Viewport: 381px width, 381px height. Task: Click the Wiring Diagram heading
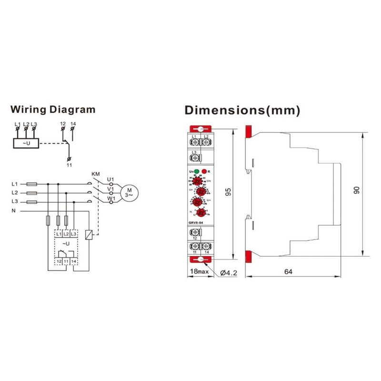click(x=53, y=110)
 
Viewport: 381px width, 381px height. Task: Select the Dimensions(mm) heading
click(x=242, y=110)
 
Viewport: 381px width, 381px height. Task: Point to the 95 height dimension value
click(x=229, y=192)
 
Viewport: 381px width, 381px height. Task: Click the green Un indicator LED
click(x=196, y=171)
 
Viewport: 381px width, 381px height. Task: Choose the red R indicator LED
click(x=204, y=171)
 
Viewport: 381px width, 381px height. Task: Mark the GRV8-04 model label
click(x=195, y=222)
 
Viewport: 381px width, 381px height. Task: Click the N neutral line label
click(x=14, y=210)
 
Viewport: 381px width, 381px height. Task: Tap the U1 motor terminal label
click(x=110, y=179)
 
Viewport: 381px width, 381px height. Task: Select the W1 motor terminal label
click(x=110, y=199)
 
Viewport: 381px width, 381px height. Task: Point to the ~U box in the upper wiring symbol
click(x=26, y=142)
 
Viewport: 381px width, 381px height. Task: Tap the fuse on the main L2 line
click(x=32, y=192)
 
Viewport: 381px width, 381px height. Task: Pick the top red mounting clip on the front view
click(x=201, y=129)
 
